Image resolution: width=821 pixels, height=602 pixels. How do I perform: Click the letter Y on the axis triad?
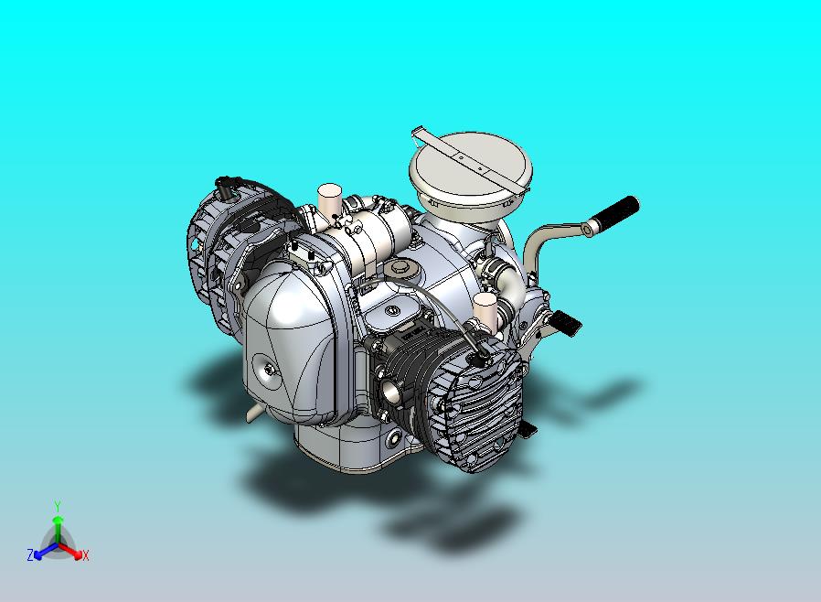(x=58, y=506)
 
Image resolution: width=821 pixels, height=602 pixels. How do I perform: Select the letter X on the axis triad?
(x=86, y=555)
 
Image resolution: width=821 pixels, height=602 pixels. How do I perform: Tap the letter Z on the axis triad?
(x=30, y=554)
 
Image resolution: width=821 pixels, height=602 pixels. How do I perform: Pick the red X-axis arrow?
(x=70, y=550)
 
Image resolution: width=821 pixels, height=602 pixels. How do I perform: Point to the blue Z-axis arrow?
(x=46, y=550)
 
